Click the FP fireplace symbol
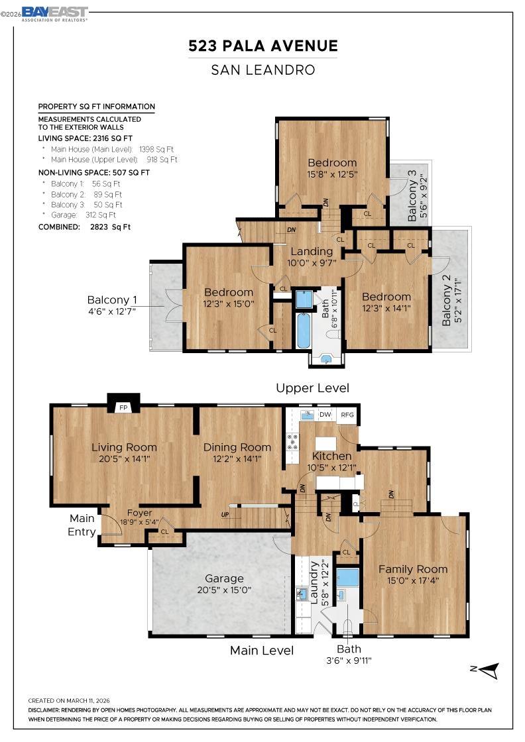pos(123,407)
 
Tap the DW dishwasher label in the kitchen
pos(325,415)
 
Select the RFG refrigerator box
pos(347,415)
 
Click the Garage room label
pos(224,578)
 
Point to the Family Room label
pos(412,569)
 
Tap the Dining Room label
pos(237,447)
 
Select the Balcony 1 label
pos(112,299)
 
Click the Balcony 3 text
pos(412,195)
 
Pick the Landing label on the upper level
pos(312,252)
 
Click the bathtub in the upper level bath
pos(303,331)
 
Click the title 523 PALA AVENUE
pos(263,46)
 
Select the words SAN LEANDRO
pos(263,70)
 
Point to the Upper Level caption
pos(312,388)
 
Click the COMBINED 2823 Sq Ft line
pos(85,227)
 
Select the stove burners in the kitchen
pos(291,441)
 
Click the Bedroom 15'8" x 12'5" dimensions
pos(332,174)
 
